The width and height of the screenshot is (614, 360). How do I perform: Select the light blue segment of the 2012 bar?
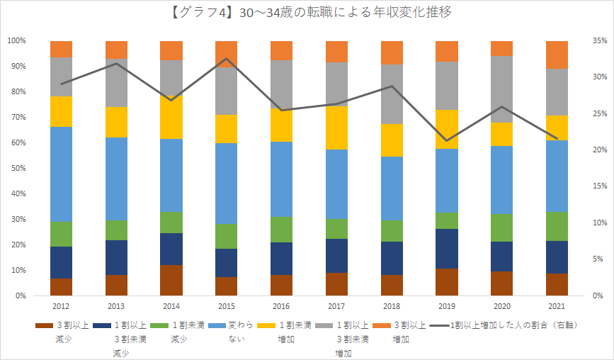point(61,174)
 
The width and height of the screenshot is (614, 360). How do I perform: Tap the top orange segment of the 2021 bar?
point(557,55)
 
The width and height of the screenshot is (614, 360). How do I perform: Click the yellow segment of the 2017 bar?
point(337,128)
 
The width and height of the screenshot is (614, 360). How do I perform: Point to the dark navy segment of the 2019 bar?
point(447,249)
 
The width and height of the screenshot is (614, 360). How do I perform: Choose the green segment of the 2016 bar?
point(282,229)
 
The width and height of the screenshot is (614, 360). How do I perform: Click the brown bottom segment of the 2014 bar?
point(171,280)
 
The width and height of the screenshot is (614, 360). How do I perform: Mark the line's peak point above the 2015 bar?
point(227,58)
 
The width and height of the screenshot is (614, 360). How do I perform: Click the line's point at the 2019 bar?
point(447,140)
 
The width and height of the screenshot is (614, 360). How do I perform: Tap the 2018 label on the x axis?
point(392,306)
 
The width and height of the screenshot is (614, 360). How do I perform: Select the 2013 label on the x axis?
point(116,306)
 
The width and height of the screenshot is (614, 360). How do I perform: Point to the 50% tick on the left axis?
point(17,168)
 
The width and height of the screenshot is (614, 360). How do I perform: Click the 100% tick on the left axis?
point(16,40)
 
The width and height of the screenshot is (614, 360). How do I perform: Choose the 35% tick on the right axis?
point(598,40)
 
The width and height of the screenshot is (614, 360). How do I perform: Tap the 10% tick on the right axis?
point(598,223)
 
